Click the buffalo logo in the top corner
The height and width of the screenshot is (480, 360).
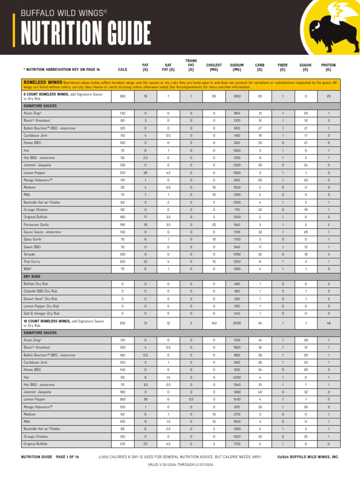click(330, 26)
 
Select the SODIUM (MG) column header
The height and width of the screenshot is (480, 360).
click(237, 67)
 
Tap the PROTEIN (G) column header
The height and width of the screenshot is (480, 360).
click(328, 67)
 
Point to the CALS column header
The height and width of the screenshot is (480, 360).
click(122, 69)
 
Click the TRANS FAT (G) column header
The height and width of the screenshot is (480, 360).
click(191, 65)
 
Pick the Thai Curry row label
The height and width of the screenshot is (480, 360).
click(32, 262)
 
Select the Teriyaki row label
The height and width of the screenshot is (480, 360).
click(30, 254)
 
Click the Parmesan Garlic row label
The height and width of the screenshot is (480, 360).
click(36, 225)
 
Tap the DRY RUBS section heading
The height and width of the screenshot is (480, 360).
click(32, 277)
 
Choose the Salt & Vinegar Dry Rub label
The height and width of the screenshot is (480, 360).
click(42, 313)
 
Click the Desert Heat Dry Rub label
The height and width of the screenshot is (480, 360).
click(40, 299)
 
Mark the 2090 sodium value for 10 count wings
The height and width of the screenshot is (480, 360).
click(237, 323)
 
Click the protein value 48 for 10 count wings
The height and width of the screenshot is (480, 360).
click(328, 323)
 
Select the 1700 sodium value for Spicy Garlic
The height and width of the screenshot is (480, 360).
click(237, 240)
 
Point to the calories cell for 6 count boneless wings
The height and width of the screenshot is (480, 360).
click(122, 96)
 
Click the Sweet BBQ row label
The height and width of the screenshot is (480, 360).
click(32, 247)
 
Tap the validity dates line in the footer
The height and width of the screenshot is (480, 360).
click(180, 465)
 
